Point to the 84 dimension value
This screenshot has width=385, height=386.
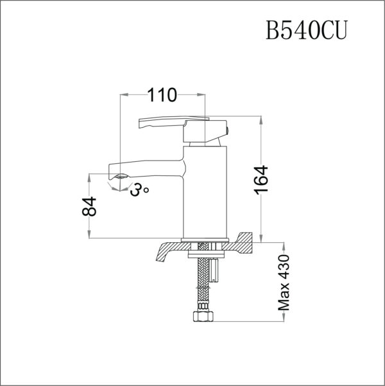point(91,207)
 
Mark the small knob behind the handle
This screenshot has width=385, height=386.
point(225,131)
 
